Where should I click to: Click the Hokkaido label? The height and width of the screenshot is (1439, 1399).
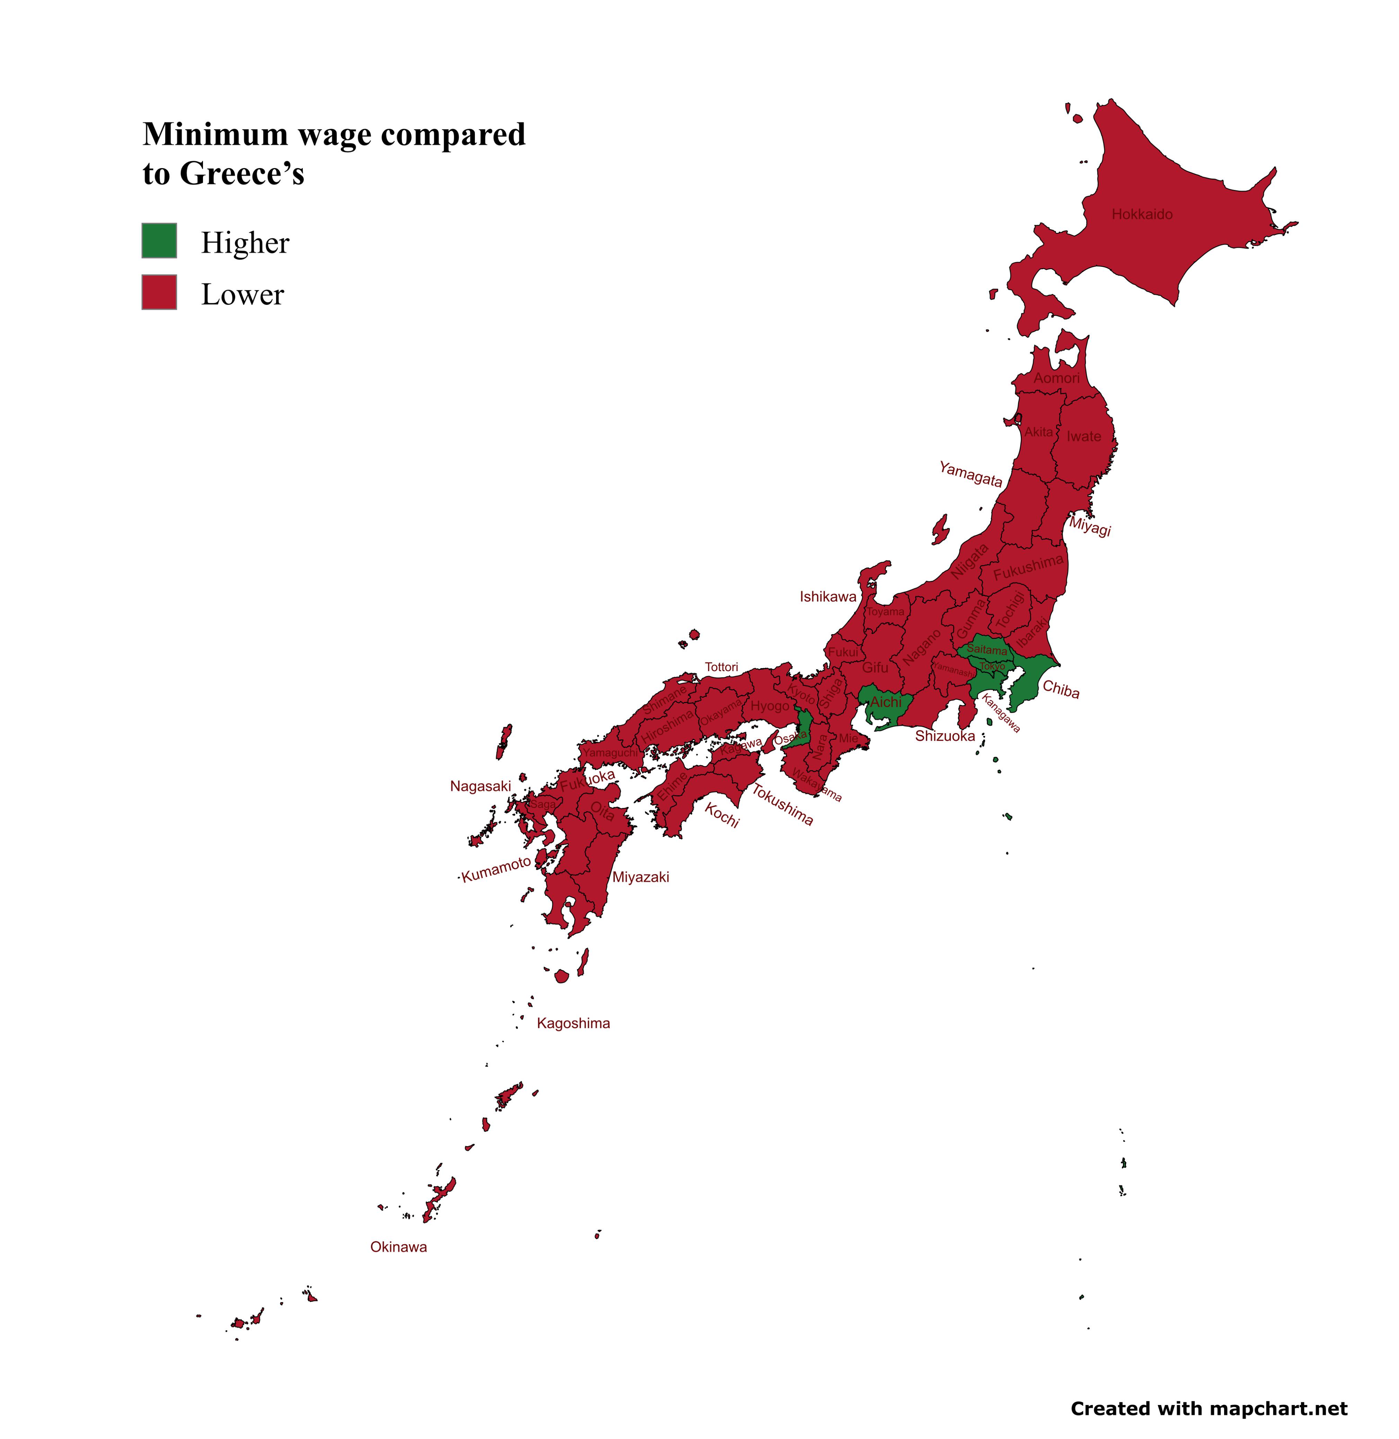tap(1142, 214)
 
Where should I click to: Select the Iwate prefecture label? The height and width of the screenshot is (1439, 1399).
tap(1084, 437)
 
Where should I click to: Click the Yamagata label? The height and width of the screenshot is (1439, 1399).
tap(971, 474)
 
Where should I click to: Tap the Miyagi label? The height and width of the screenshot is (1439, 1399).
tap(1090, 526)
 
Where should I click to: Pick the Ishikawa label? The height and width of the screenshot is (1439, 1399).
tap(828, 597)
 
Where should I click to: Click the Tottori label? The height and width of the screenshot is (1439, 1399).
tap(721, 667)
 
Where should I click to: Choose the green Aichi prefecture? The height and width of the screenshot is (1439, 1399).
tap(885, 704)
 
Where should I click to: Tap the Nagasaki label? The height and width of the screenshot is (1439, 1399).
tap(480, 787)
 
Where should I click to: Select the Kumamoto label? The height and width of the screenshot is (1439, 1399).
tap(496, 869)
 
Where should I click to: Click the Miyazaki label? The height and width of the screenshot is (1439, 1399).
tap(641, 877)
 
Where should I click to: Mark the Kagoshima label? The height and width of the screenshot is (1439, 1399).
tap(573, 1023)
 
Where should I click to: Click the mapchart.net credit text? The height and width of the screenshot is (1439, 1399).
tap(1209, 1408)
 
